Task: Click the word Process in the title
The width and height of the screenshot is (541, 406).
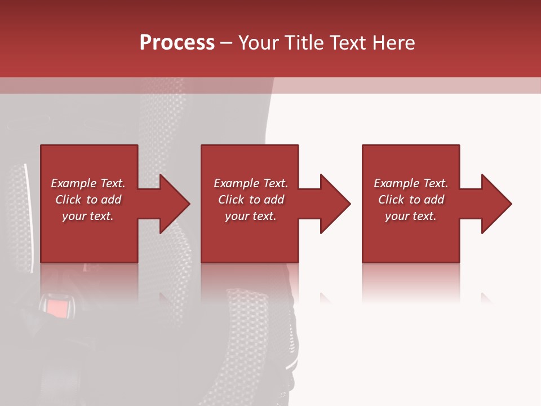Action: click(177, 43)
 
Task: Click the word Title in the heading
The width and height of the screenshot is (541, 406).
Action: click(305, 43)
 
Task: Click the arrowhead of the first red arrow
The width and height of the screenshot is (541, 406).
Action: click(174, 204)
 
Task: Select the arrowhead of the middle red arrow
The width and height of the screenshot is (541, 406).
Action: click(335, 204)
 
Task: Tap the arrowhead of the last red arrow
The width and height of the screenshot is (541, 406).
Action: click(496, 204)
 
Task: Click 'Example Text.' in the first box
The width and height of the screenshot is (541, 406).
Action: click(88, 183)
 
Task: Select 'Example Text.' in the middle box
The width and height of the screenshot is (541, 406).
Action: click(251, 183)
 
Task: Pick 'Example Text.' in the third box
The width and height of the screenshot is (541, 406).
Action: click(411, 183)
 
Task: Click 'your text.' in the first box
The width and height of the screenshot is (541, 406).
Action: click(88, 216)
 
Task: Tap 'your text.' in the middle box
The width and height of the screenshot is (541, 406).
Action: click(251, 216)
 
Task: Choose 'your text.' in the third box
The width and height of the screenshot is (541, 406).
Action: click(411, 216)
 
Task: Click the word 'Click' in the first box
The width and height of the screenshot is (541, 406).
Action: click(68, 200)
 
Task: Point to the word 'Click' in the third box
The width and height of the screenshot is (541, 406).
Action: click(391, 200)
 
